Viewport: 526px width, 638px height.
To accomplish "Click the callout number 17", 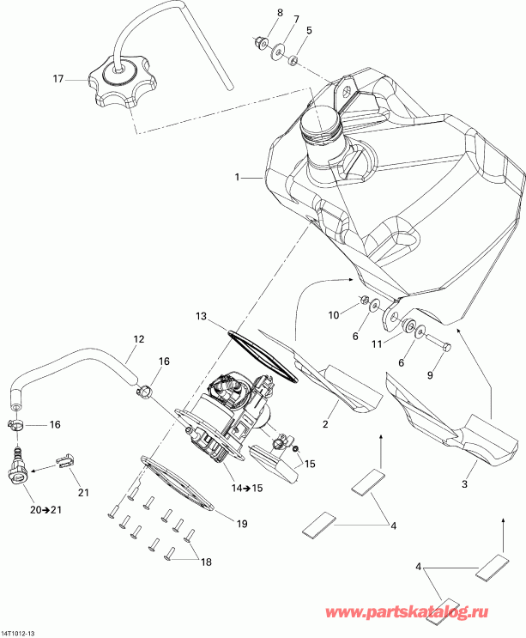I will pyautogui.click(x=58, y=80).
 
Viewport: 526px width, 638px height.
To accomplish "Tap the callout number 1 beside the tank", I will pyautogui.click(x=234, y=178).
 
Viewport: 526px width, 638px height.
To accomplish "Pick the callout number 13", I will pyautogui.click(x=201, y=317).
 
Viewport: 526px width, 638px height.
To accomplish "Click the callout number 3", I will pyautogui.click(x=464, y=485).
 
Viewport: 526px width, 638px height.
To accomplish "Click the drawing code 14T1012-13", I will pyautogui.click(x=19, y=634).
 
